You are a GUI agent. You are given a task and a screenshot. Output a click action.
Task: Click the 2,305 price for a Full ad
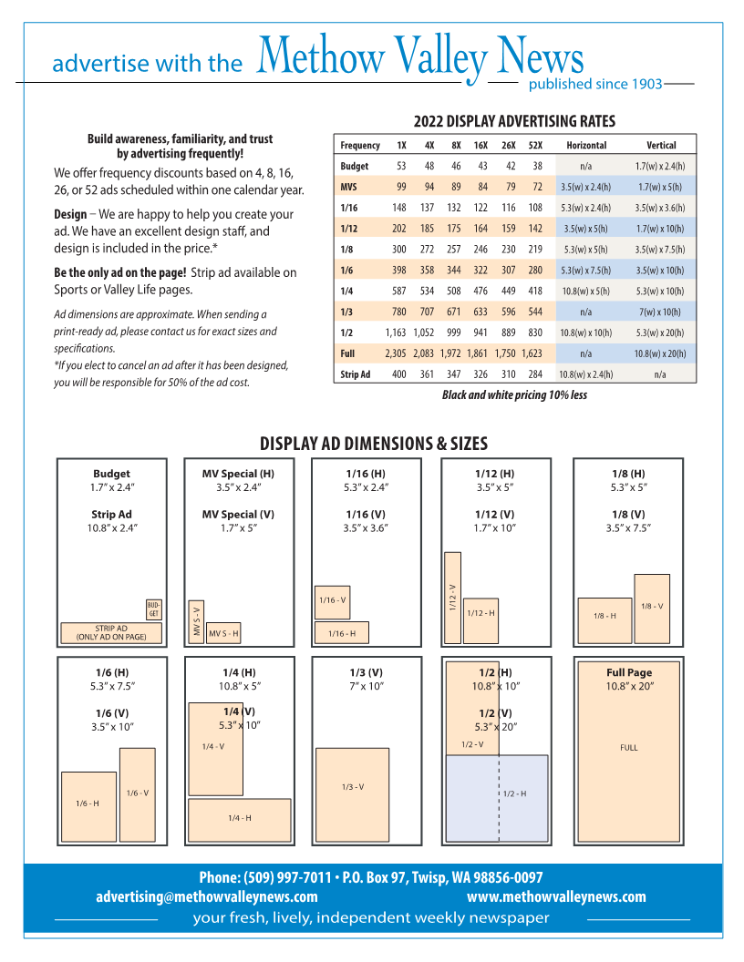coord(395,353)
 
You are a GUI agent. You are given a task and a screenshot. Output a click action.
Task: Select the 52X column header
coord(535,145)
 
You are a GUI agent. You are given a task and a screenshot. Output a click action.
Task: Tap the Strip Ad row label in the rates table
coord(355,374)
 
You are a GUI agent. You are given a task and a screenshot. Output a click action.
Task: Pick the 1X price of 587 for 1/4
coord(398,292)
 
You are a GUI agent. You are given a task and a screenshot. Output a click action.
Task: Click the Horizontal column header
coord(585,145)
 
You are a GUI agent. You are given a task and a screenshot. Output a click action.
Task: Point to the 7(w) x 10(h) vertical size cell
coord(661,312)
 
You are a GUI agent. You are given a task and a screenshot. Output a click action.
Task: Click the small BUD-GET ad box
coord(153,609)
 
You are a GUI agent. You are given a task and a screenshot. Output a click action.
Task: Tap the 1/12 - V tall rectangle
coord(452,597)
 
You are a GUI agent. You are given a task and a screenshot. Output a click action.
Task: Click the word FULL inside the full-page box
coord(629,748)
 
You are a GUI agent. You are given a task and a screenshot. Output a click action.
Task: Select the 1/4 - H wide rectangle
coord(239,819)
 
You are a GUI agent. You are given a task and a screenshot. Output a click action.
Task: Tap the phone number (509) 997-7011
coord(287,878)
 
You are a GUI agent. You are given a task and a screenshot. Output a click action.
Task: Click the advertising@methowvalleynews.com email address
coord(207,897)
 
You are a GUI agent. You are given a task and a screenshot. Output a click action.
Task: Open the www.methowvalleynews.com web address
coord(556,897)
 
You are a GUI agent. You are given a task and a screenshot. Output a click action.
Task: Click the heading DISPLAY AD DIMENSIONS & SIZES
coord(374,445)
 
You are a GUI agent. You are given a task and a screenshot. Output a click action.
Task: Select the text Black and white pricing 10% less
coord(514,395)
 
